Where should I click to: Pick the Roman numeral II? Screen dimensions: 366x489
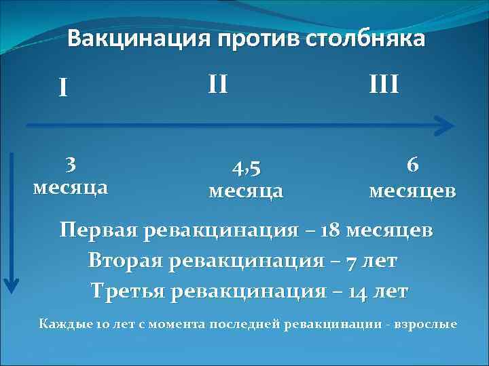pos(217,85)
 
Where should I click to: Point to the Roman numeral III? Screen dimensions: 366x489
pos(384,85)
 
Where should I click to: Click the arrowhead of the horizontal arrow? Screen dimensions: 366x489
pos(445,125)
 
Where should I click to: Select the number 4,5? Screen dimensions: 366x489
pos(246,168)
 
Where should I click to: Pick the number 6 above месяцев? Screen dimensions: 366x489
pos(412,165)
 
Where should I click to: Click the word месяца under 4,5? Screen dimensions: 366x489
pos(246,191)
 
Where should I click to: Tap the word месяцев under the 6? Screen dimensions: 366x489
pos(412,191)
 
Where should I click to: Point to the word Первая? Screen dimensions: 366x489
pos(98,230)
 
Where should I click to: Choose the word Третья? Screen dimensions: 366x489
pos(128,291)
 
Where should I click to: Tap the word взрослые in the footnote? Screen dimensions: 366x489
pos(431,323)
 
